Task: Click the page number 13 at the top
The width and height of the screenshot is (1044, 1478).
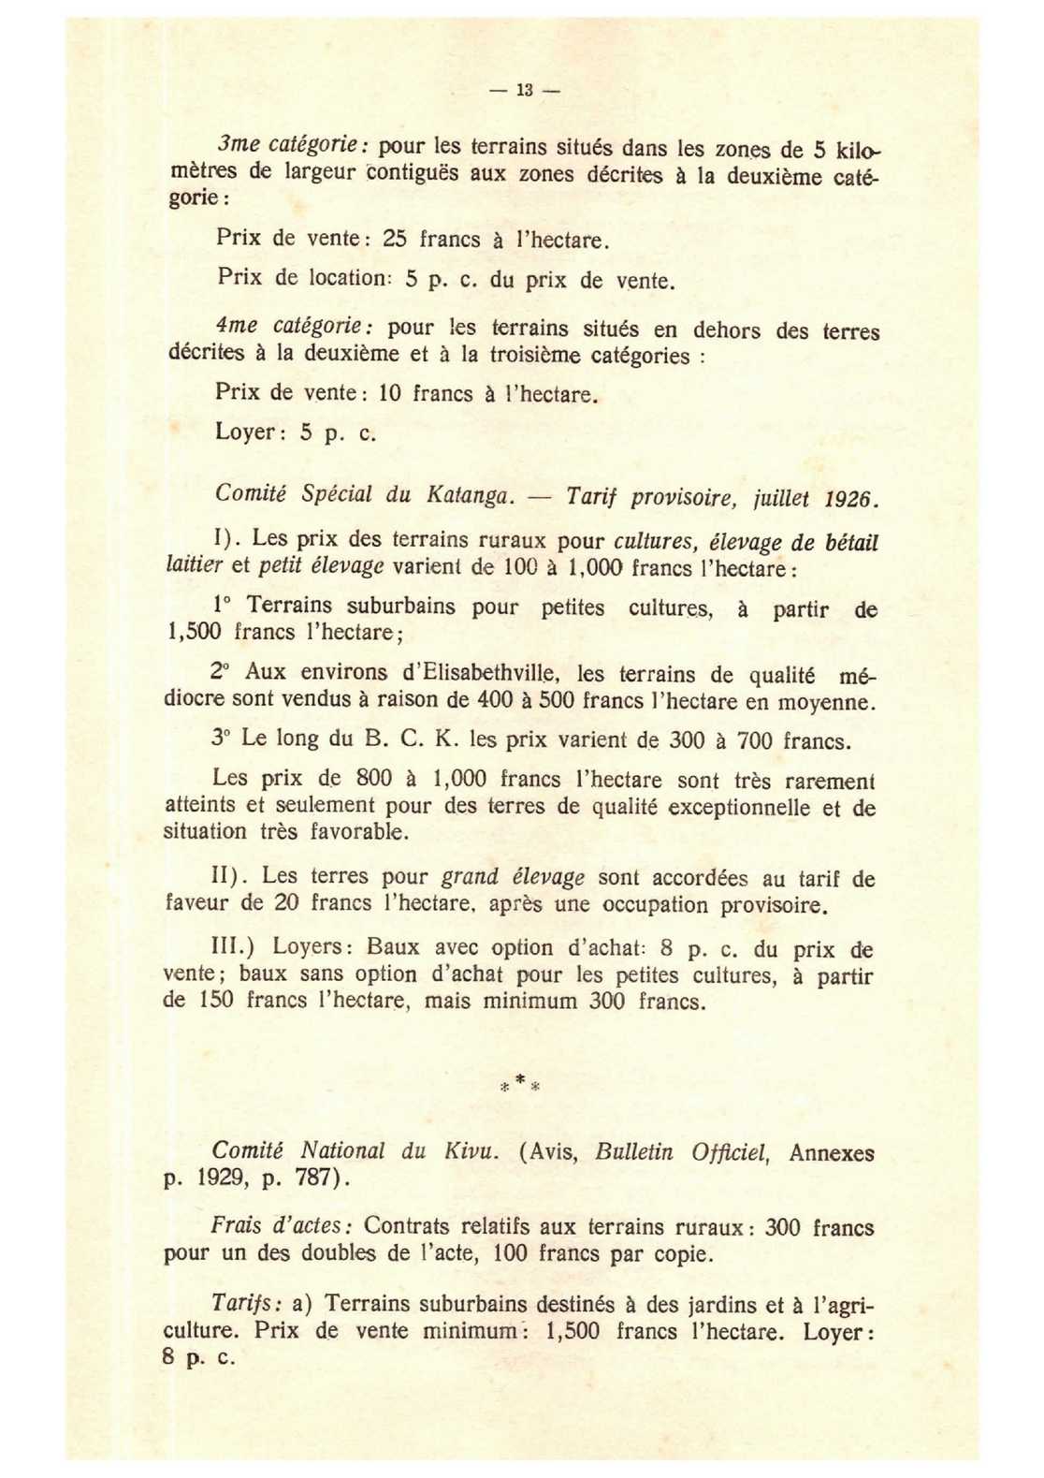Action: point(524,91)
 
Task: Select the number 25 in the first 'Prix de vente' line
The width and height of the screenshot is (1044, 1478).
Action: point(395,239)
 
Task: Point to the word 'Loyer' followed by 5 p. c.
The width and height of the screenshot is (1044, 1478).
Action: point(246,432)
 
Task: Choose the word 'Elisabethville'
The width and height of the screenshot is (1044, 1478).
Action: point(481,673)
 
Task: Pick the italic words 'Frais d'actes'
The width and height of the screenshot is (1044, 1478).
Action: point(281,1225)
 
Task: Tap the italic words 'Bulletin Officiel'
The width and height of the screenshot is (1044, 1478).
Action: point(682,1152)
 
